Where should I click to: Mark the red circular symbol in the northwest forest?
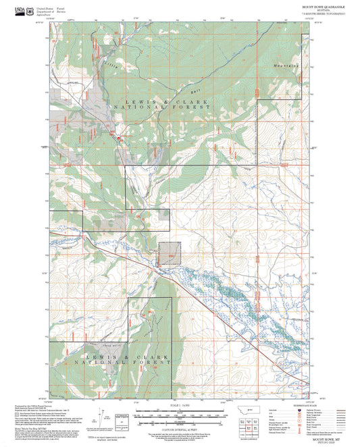click(119, 138)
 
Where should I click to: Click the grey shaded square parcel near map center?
click(170, 253)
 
